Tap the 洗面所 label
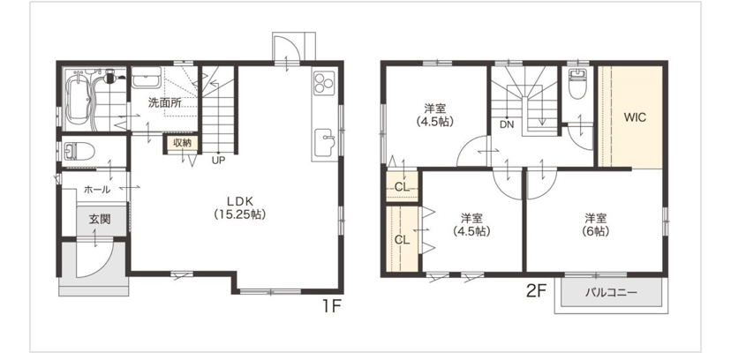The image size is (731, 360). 164,103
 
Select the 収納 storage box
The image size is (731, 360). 182,144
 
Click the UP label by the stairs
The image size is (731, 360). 218,161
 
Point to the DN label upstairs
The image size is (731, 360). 507,124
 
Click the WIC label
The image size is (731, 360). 635,117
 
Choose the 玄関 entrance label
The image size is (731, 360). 100,219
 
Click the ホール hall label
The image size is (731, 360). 97,190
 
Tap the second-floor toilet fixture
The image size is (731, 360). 577,84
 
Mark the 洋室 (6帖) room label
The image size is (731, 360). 595,224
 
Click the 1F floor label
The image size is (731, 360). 331,307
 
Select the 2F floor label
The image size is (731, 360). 536,291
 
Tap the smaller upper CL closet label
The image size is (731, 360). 402,187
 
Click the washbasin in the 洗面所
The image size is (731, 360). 146,78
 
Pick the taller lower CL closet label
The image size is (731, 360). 402,240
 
